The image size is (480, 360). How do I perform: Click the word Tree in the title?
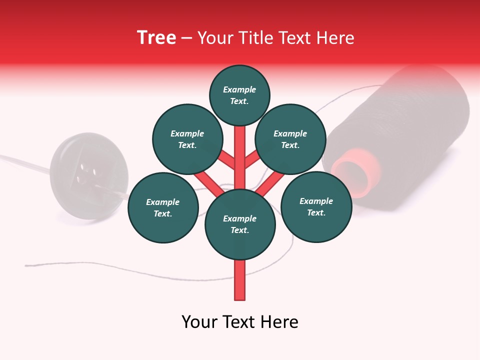point(156,38)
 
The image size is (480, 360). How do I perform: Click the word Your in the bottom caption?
point(200,322)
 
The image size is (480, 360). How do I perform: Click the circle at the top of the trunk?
point(239,95)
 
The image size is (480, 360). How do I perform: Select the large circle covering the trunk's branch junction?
point(240,224)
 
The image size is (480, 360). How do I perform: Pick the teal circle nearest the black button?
point(163,207)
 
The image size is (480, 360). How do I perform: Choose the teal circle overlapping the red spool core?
point(316,206)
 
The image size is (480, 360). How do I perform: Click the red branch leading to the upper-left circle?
point(226,160)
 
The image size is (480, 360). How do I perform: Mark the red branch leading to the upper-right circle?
point(253,160)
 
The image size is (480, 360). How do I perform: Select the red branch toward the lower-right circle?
point(270,183)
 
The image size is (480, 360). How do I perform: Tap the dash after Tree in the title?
point(186,38)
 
